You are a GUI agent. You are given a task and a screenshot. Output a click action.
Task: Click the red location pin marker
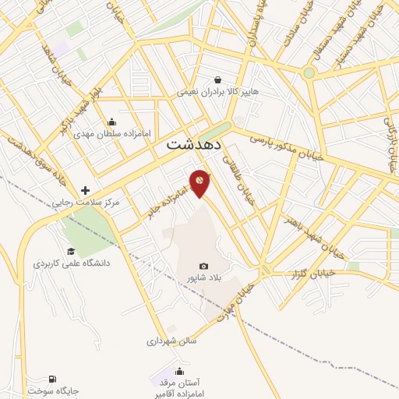point(199,182)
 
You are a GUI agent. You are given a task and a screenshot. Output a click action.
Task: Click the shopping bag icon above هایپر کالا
point(217,79)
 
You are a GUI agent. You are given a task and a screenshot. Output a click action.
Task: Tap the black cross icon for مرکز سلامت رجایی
point(85,190)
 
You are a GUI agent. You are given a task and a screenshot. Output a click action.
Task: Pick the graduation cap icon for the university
point(71,251)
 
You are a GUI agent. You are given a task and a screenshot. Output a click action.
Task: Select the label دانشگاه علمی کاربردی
point(72,263)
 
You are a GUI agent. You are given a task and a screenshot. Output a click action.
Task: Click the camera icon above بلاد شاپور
point(203,265)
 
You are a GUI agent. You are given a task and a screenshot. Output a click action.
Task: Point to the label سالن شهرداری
point(171,341)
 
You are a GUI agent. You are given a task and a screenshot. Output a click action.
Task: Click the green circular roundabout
point(309,73)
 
